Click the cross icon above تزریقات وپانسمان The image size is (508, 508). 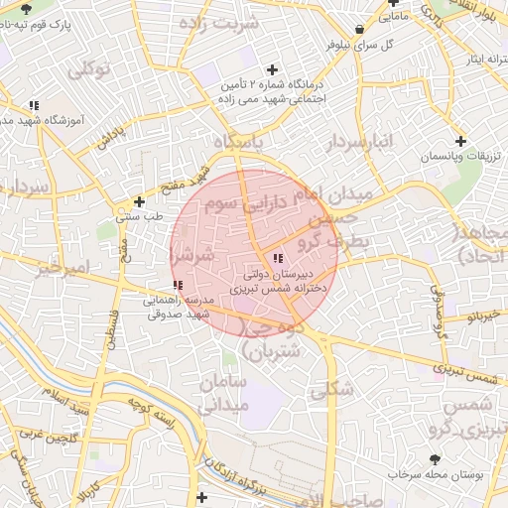[x=459, y=141]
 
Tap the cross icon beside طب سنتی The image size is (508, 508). [x=139, y=201]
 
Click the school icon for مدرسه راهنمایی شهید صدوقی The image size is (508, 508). [x=177, y=286]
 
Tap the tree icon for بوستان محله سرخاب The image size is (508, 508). [x=435, y=459]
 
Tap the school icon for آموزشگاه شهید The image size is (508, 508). [x=34, y=104]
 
